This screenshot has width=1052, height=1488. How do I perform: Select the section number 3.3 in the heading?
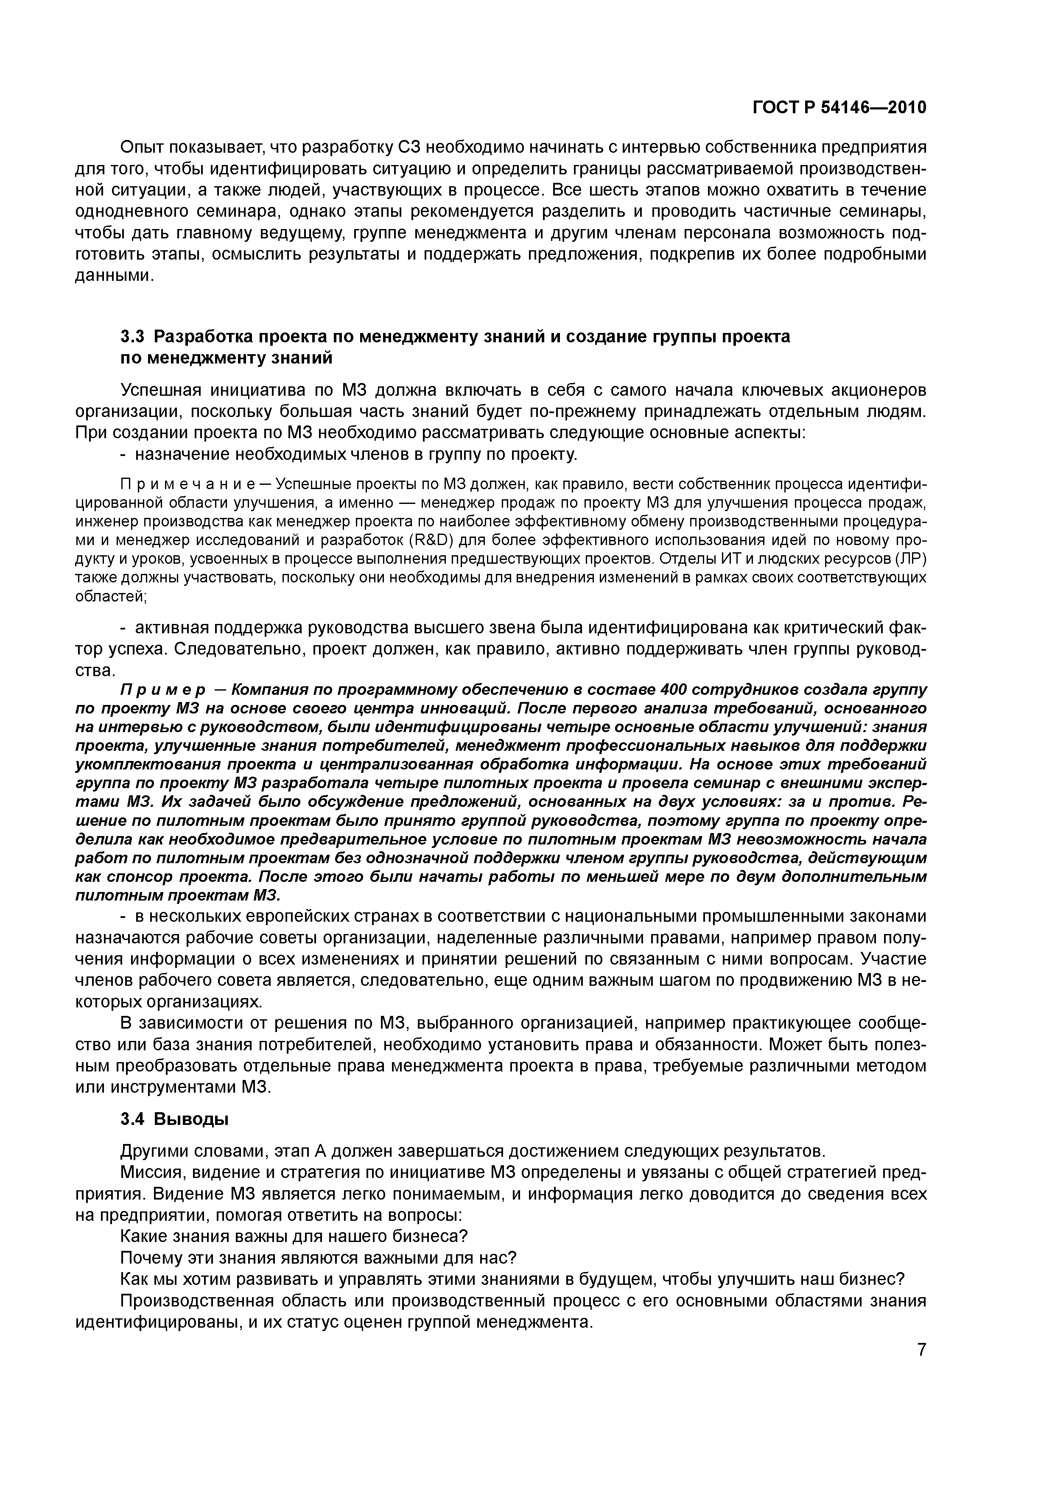tap(134, 337)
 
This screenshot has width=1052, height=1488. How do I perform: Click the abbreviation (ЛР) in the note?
tap(911, 559)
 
